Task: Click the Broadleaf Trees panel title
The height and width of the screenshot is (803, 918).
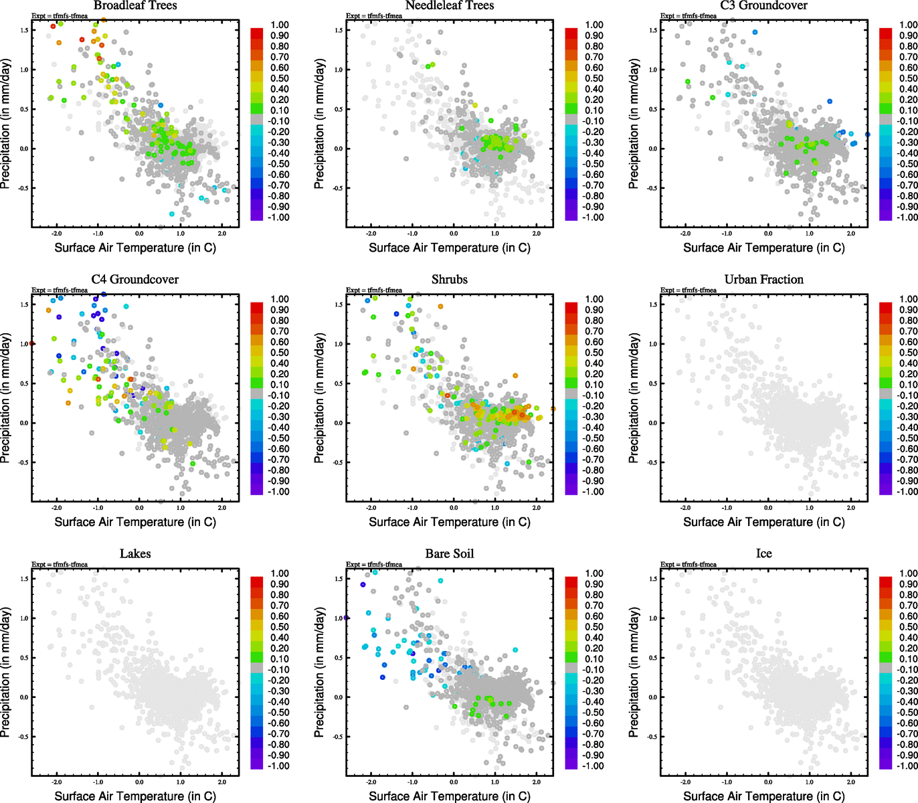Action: coord(135,5)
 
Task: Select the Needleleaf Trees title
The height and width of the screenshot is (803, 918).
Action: coord(450,5)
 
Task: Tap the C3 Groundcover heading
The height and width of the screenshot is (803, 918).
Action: coord(763,5)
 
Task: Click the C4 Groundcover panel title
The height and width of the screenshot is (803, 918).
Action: coord(135,280)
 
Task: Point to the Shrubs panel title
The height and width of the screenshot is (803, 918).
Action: coord(450,280)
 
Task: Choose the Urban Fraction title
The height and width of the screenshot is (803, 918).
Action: coord(763,280)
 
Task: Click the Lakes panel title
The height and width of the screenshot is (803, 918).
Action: coord(135,554)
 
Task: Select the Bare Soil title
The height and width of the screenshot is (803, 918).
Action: coord(450,554)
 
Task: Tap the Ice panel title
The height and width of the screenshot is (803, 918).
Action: coord(763,554)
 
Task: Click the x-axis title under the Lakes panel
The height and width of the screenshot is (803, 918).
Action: coord(135,796)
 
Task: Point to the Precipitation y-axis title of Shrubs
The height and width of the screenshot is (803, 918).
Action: coord(319,398)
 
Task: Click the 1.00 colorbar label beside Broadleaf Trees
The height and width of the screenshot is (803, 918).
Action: coord(280,25)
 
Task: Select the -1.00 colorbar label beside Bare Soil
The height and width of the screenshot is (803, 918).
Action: coord(593,766)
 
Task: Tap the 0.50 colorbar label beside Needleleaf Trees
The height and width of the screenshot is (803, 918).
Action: coord(594,78)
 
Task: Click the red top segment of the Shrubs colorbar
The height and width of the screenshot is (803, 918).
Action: coord(571,307)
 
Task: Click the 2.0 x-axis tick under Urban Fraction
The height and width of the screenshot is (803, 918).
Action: coord(851,509)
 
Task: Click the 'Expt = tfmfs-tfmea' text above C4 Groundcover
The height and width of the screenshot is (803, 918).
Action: coord(60,290)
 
